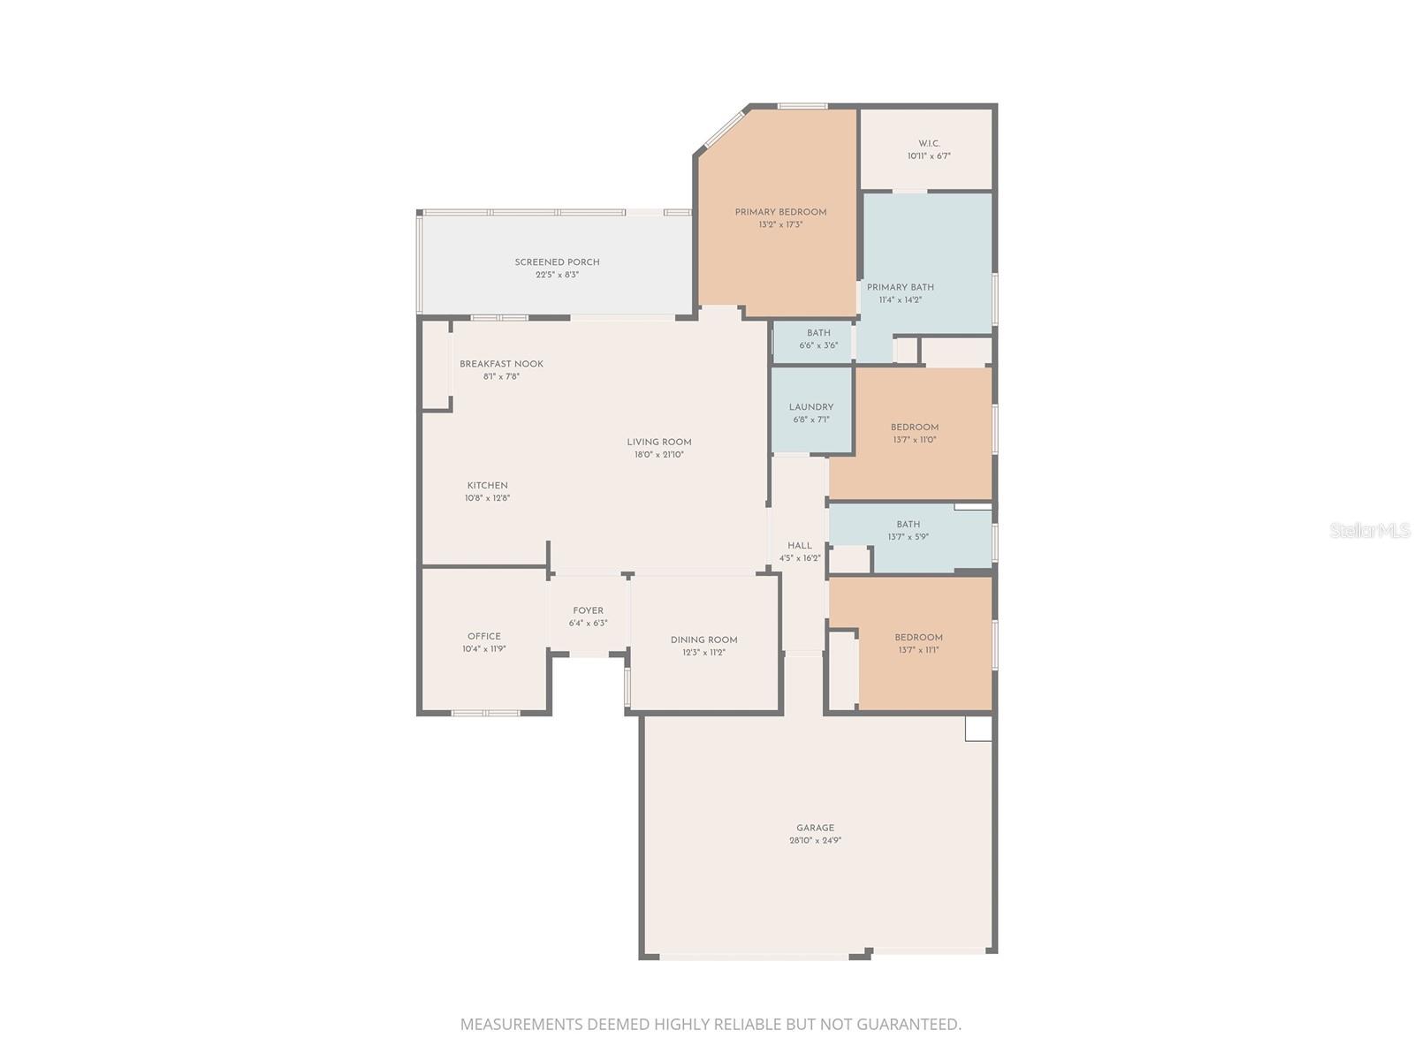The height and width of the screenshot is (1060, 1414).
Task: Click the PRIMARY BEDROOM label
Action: pyautogui.click(x=780, y=212)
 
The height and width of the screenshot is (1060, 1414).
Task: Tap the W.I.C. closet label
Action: pyautogui.click(x=929, y=143)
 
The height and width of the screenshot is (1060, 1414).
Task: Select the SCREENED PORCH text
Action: pyautogui.click(x=557, y=262)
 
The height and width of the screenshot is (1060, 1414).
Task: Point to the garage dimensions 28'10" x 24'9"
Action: pyautogui.click(x=815, y=841)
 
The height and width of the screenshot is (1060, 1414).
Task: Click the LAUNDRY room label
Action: pyautogui.click(x=810, y=407)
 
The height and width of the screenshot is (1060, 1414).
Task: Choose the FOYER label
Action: pyautogui.click(x=588, y=610)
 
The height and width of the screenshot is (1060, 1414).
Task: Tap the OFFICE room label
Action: pyautogui.click(x=483, y=636)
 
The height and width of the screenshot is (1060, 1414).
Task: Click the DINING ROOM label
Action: pyautogui.click(x=703, y=640)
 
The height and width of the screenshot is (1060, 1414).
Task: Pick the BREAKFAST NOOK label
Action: pyautogui.click(x=501, y=364)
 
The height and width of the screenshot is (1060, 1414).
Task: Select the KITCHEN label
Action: pyautogui.click(x=487, y=485)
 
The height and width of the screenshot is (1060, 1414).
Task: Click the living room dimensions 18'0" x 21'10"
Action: pyautogui.click(x=659, y=455)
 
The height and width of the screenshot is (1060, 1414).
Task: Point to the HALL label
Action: pyautogui.click(x=799, y=546)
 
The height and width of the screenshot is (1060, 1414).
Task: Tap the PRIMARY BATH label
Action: pyautogui.click(x=900, y=287)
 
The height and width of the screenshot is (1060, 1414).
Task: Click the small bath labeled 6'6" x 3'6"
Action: pyautogui.click(x=818, y=339)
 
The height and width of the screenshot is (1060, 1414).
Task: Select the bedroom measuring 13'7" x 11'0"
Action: pyautogui.click(x=914, y=433)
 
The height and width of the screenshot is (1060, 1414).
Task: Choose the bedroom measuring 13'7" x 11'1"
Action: pyautogui.click(x=917, y=643)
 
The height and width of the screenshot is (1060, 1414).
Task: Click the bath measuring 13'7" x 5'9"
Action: pyautogui.click(x=908, y=530)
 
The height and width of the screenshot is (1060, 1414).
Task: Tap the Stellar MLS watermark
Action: pyautogui.click(x=1370, y=531)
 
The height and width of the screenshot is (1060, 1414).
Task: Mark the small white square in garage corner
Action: pyautogui.click(x=978, y=729)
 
